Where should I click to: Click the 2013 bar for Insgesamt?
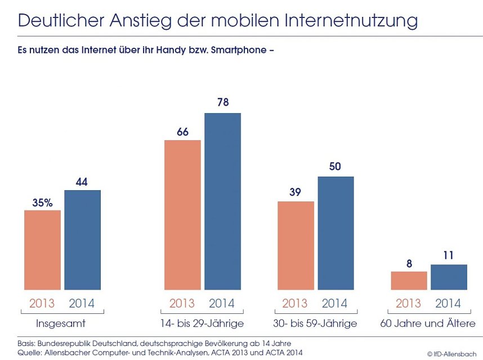click(x=42, y=250)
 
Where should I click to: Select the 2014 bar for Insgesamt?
click(x=82, y=240)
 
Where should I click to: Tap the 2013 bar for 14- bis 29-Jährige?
click(x=182, y=215)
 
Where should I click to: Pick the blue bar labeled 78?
click(x=222, y=201)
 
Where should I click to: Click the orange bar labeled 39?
click(x=296, y=245)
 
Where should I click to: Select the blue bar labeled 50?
click(x=336, y=233)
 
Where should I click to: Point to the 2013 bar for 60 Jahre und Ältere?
click(x=409, y=281)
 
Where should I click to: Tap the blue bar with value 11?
click(x=449, y=277)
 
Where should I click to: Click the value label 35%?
click(x=42, y=202)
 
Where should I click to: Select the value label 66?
click(x=182, y=132)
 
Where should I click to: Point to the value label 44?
click(x=82, y=182)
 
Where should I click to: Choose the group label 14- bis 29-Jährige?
click(x=202, y=323)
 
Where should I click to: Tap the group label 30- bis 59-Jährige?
click(x=315, y=323)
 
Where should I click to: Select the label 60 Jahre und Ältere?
click(x=428, y=323)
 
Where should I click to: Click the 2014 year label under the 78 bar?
click(x=222, y=304)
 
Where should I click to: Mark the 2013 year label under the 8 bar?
click(x=409, y=304)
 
